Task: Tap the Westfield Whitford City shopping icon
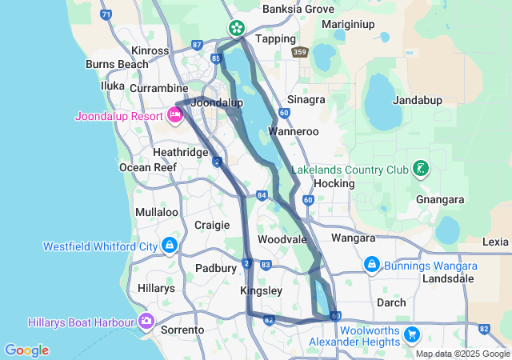tap(169, 245)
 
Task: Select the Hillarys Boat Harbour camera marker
tap(146, 322)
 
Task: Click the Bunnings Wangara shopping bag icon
tap(371, 264)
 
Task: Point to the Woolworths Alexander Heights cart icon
tap(411, 333)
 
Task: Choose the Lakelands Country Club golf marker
tap(418, 169)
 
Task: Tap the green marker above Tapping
tap(237, 29)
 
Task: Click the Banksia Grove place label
tap(298, 10)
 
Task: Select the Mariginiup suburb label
tap(349, 24)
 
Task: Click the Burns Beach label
tap(117, 64)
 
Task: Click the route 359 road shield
tap(300, 52)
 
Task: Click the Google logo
tap(26, 350)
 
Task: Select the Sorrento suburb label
tap(178, 330)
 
